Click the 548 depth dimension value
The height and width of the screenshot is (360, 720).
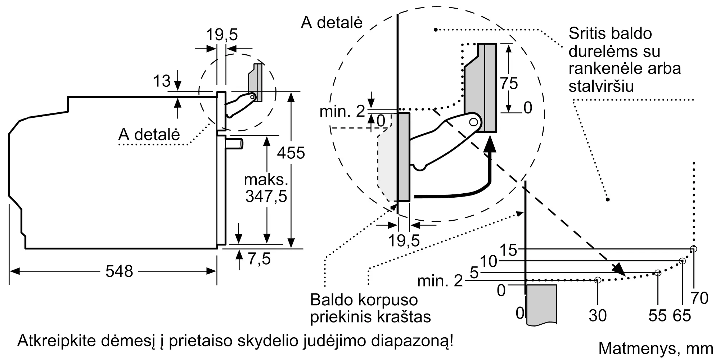click(119, 271)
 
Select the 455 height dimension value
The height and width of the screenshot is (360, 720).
click(291, 153)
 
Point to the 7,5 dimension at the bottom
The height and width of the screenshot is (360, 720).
click(259, 259)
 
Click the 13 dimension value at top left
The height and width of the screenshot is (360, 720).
click(162, 81)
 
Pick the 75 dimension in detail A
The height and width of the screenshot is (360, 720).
click(509, 84)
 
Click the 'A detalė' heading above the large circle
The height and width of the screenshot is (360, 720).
click(332, 22)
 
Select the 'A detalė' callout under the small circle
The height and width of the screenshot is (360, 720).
click(149, 134)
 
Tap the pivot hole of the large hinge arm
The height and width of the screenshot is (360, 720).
click(473, 122)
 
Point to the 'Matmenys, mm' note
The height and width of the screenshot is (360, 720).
click(656, 348)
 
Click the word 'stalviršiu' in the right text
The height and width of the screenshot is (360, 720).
click(601, 86)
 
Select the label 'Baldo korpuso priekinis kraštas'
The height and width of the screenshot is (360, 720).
click(370, 308)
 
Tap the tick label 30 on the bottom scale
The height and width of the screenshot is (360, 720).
click(598, 316)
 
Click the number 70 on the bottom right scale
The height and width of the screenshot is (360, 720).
click(699, 298)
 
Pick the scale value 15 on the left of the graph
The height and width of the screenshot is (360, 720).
click(509, 250)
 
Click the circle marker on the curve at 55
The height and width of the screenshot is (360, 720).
click(658, 273)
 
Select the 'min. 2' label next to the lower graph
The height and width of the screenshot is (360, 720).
click(440, 281)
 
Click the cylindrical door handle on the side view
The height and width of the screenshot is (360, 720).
click(234, 144)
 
